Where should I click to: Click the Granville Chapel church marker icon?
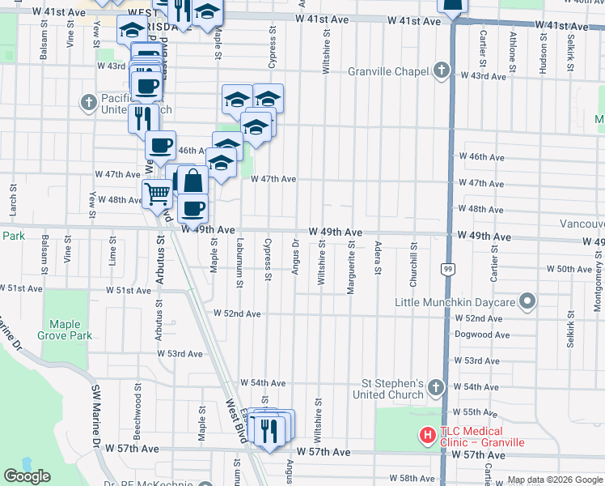(441, 70)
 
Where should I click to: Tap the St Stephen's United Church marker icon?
(436, 387)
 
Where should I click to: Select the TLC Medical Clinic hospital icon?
(426, 436)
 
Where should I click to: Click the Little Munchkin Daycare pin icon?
(527, 302)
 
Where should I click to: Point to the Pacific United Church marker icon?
(89, 103)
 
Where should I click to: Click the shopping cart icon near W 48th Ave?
(156, 194)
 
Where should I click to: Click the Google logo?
(27, 476)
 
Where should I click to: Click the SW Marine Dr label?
(97, 416)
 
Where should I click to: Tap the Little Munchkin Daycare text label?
(455, 303)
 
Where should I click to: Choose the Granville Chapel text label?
(388, 71)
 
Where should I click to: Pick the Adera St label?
(378, 258)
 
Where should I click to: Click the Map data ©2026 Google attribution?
(554, 480)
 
